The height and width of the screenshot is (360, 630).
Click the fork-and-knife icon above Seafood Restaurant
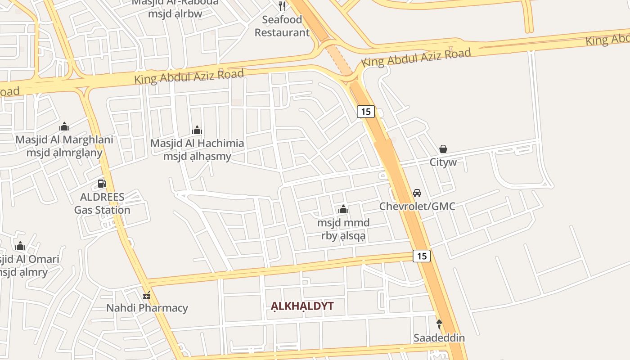pyautogui.click(x=282, y=6)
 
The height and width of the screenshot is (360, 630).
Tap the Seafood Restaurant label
pyautogui.click(x=282, y=26)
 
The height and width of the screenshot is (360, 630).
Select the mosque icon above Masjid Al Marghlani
pyautogui.click(x=64, y=126)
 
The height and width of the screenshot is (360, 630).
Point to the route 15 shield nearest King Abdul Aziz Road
pyautogui.click(x=366, y=111)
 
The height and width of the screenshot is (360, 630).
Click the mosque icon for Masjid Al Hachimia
pyautogui.click(x=197, y=130)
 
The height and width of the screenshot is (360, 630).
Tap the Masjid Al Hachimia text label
pyautogui.click(x=197, y=149)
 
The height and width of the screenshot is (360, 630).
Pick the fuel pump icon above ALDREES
pyautogui.click(x=102, y=184)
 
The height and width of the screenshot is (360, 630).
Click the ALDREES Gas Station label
pyautogui.click(x=102, y=203)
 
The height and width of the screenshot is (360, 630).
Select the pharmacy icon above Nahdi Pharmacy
pyautogui.click(x=147, y=295)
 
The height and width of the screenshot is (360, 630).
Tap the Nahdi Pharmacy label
pyautogui.click(x=147, y=308)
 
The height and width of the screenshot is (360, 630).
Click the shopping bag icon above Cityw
pyautogui.click(x=443, y=149)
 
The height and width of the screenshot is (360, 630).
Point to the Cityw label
pyautogui.click(x=443, y=162)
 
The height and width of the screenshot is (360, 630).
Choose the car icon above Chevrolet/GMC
pyautogui.click(x=417, y=193)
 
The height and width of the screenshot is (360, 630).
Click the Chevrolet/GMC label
pyautogui.click(x=417, y=206)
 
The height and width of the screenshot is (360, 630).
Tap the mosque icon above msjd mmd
pyautogui.click(x=343, y=209)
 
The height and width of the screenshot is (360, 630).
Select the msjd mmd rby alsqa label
pyautogui.click(x=343, y=229)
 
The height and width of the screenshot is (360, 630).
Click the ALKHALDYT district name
pyautogui.click(x=302, y=306)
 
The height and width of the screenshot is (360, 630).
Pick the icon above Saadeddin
pyautogui.click(x=439, y=324)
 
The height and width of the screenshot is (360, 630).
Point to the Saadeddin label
pyautogui.click(x=439, y=337)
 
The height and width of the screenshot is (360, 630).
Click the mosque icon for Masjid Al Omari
pyautogui.click(x=20, y=246)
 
